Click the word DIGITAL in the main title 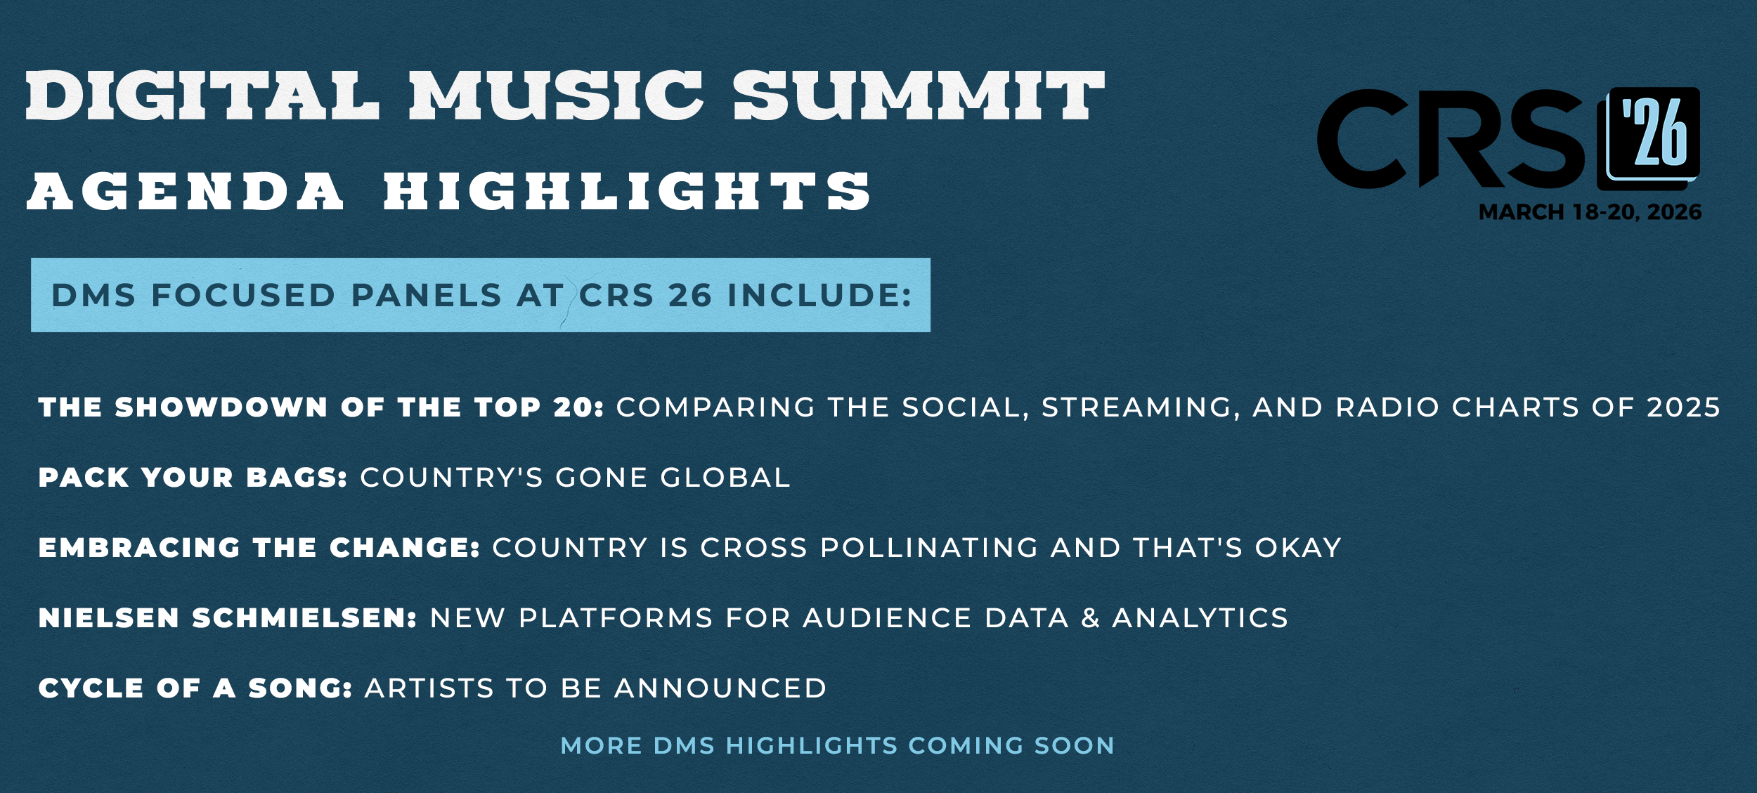[x=202, y=96]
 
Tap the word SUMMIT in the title [x=919, y=96]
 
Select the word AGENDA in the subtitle [x=186, y=192]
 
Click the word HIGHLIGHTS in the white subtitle [x=627, y=192]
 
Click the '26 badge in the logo [x=1648, y=138]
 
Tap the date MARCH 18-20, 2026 [x=1590, y=212]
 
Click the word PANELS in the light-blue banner [x=427, y=295]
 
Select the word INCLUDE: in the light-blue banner [x=819, y=295]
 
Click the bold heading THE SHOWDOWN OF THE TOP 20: [x=321, y=407]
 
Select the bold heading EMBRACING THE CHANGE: [x=259, y=548]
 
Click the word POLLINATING [x=930, y=548]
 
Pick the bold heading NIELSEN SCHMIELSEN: [x=228, y=618]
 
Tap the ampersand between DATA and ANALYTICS [x=1091, y=618]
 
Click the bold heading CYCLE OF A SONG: [x=195, y=688]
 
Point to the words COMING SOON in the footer [x=1011, y=745]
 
